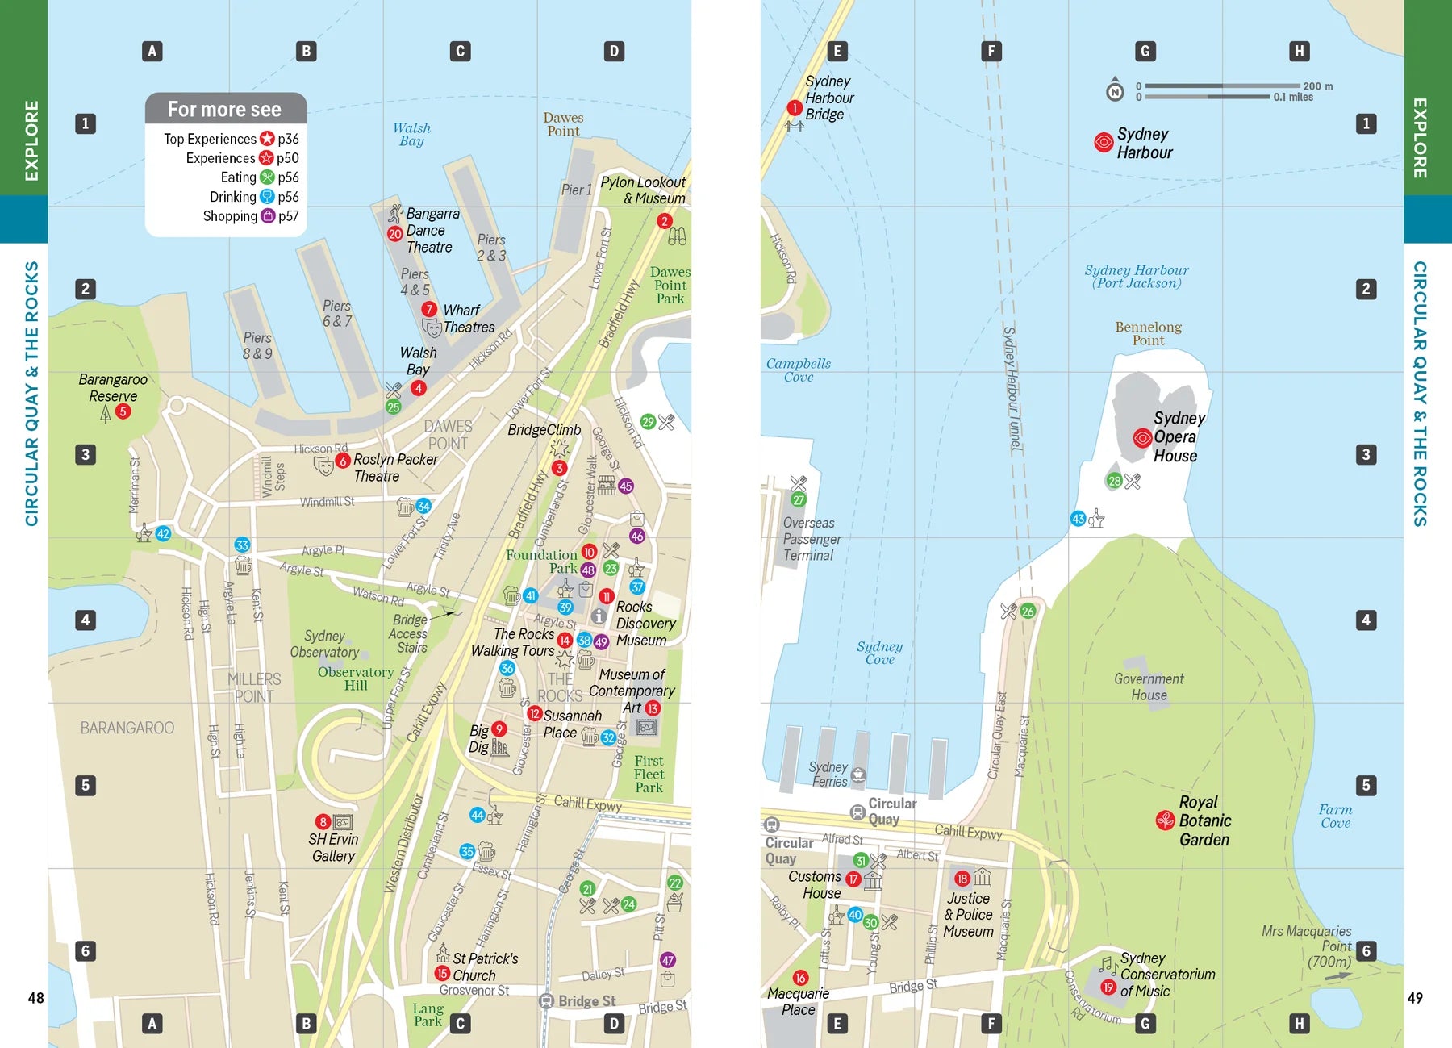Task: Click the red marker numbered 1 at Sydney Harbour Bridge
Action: pyautogui.click(x=794, y=108)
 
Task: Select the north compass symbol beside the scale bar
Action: pyautogui.click(x=1115, y=90)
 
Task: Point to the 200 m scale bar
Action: pyautogui.click(x=1222, y=86)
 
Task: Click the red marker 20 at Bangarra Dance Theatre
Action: pyautogui.click(x=394, y=234)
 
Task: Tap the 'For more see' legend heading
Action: pyautogui.click(x=225, y=109)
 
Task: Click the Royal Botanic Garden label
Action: pyautogui.click(x=1204, y=821)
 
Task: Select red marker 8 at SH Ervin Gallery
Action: pyautogui.click(x=323, y=821)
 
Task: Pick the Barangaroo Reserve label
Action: pyautogui.click(x=113, y=388)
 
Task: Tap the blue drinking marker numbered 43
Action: pyautogui.click(x=1078, y=519)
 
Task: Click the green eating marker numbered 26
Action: pyautogui.click(x=1028, y=611)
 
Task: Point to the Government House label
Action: pyautogui.click(x=1149, y=687)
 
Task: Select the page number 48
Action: pyautogui.click(x=36, y=998)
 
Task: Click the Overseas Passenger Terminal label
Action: pyautogui.click(x=811, y=539)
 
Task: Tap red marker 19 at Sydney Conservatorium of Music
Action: pyautogui.click(x=1108, y=987)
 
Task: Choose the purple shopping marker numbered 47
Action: pyautogui.click(x=668, y=960)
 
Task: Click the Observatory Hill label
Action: pyautogui.click(x=355, y=678)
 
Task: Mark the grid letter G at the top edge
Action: pyautogui.click(x=1145, y=51)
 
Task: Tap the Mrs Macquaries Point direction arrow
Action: pyautogui.click(x=1338, y=976)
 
